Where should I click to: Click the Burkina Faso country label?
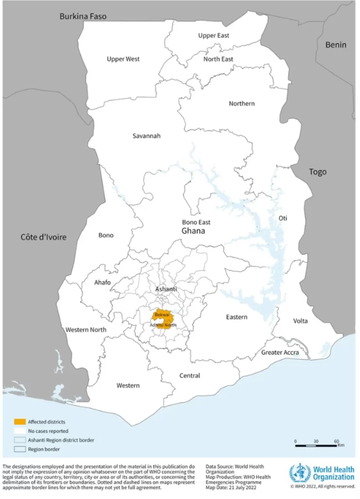(83, 17)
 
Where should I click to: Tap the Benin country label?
(336, 45)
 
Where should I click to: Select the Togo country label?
(318, 172)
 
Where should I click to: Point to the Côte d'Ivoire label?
(43, 237)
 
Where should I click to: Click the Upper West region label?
(123, 59)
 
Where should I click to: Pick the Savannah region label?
(146, 136)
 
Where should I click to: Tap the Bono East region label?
(196, 222)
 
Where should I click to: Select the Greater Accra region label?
(279, 352)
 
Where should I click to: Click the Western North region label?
(86, 330)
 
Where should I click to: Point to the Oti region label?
(283, 218)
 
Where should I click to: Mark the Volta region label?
(301, 321)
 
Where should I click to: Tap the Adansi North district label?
(163, 325)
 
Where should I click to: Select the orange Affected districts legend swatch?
(20, 422)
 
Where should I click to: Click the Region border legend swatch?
(20, 449)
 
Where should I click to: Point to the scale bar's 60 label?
(336, 441)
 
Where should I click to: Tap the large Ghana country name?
(193, 231)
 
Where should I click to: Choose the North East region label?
(218, 59)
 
